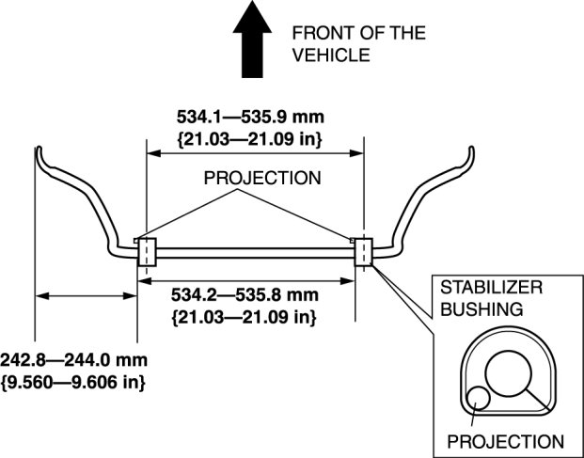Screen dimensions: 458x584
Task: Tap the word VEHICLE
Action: (329, 55)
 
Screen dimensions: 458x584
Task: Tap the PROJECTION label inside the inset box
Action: (506, 440)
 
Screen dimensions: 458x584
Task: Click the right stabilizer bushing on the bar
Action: (363, 251)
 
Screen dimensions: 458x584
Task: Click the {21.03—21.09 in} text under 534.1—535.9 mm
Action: (250, 139)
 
